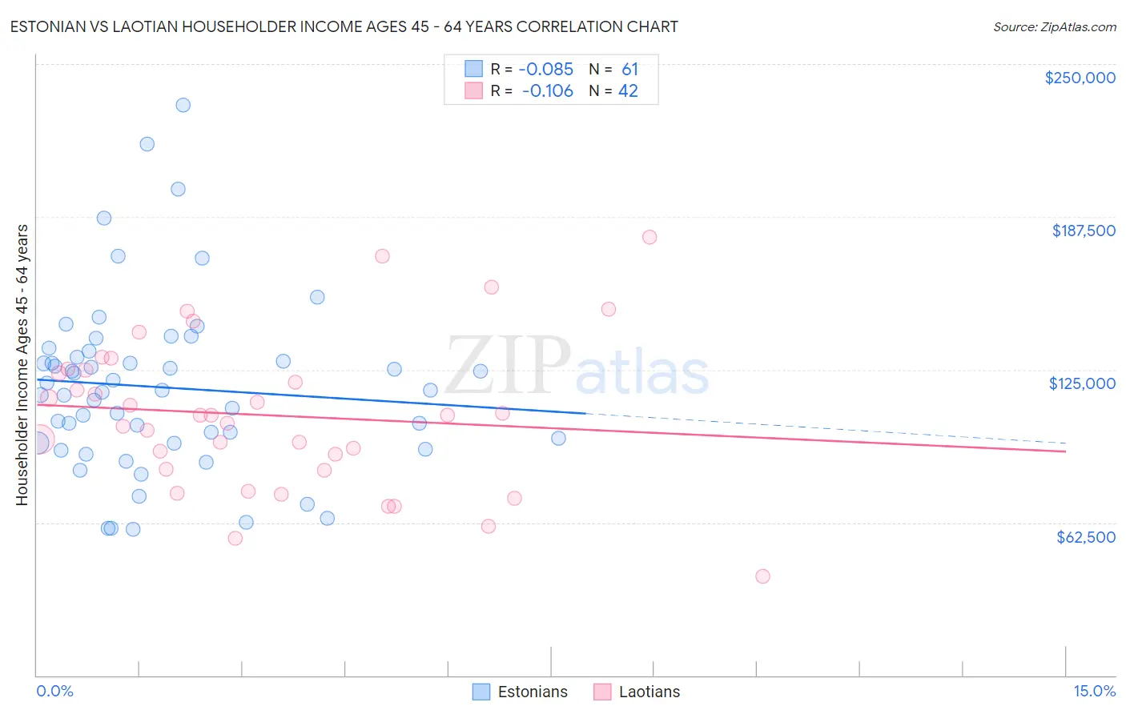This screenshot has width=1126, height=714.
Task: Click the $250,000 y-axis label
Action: [1080, 78]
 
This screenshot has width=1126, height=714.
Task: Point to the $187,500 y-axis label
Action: [1083, 231]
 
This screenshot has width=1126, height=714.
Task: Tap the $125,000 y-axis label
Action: [1082, 383]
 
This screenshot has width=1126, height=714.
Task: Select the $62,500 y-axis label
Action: [1085, 537]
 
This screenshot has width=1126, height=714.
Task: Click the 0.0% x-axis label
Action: [54, 691]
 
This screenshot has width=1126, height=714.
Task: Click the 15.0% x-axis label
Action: [1094, 691]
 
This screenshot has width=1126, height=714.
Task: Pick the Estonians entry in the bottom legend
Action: [532, 692]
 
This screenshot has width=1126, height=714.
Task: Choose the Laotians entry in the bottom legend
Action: [649, 692]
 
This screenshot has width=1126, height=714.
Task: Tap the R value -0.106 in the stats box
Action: [548, 91]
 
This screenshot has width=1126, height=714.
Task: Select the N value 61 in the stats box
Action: [629, 70]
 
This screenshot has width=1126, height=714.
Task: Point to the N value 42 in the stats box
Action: [628, 91]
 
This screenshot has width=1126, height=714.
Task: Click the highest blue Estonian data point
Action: [183, 105]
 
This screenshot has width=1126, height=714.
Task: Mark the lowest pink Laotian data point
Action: [762, 576]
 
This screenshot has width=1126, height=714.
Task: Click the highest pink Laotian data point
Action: [649, 237]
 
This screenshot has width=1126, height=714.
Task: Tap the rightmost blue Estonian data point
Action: [558, 438]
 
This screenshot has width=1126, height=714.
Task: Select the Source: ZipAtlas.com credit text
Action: [1054, 27]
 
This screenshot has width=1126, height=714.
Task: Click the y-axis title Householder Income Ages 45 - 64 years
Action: [22, 365]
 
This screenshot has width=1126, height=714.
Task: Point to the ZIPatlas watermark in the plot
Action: [577, 367]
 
